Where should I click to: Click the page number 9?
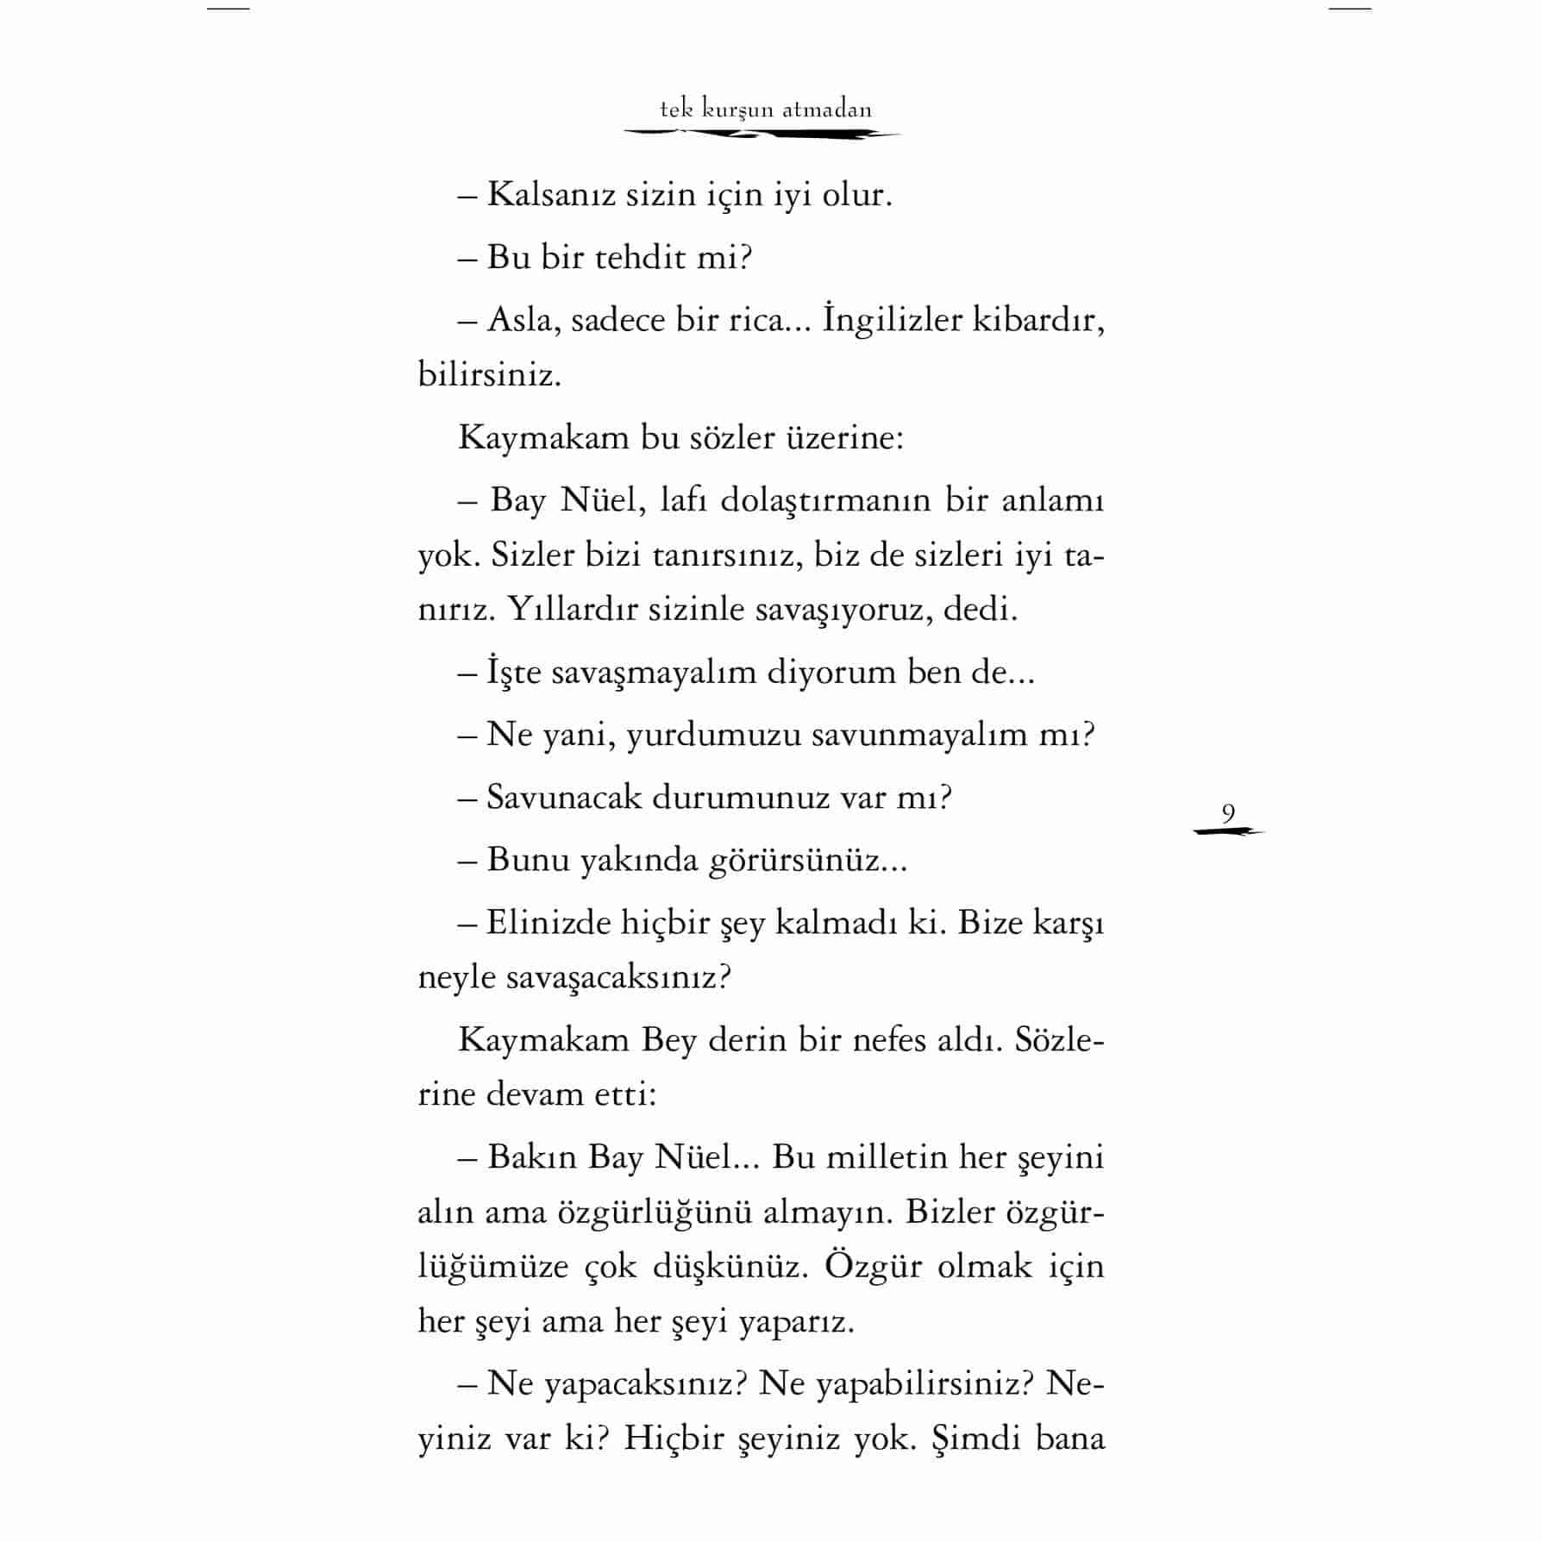point(1228,812)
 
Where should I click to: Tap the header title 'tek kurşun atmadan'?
point(766,110)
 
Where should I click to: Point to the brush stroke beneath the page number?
point(1228,831)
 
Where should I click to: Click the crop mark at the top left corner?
point(229,9)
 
